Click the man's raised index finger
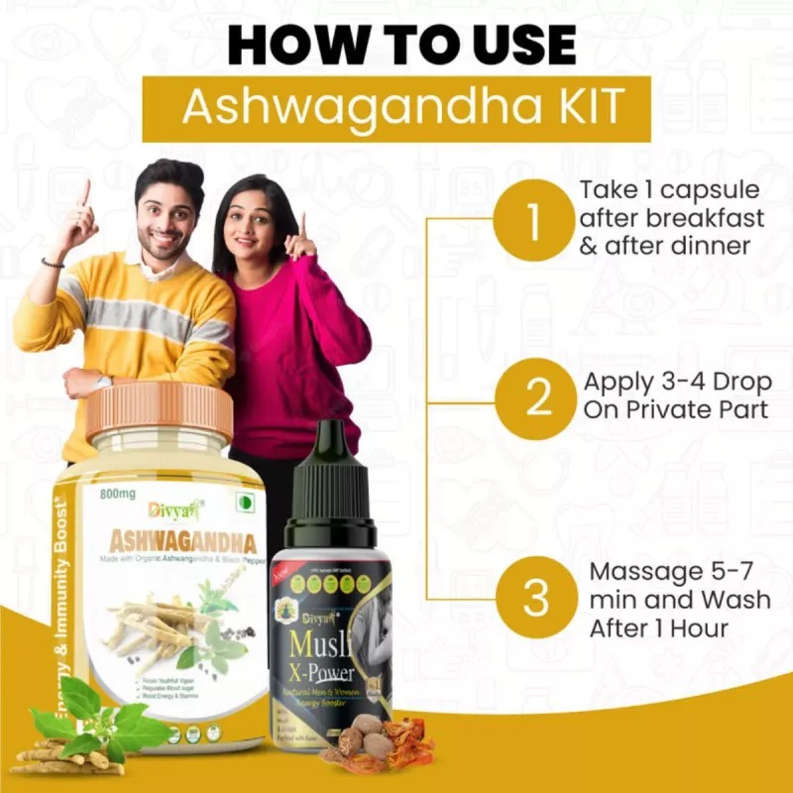tap(85, 191)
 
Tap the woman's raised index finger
tap(302, 223)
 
